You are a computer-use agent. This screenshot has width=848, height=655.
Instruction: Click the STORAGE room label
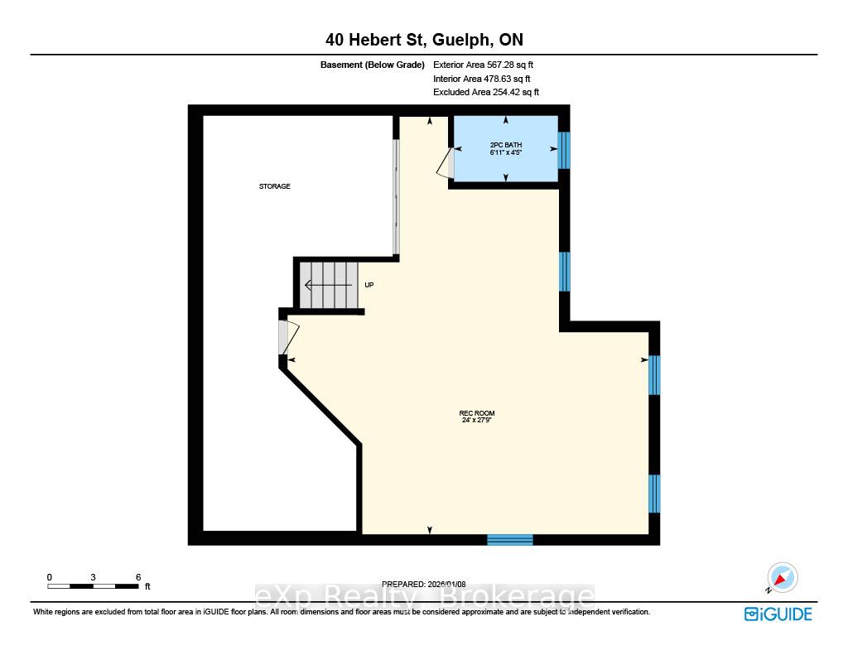pos(275,186)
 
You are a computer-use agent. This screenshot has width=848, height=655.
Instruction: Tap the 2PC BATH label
pos(506,145)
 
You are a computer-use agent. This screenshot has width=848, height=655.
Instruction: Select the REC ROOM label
pos(477,413)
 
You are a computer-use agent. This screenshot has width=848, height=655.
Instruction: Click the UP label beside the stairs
pos(369,285)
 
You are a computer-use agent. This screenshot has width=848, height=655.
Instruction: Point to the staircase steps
pos(329,285)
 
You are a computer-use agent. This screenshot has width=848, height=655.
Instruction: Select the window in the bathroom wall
pos(564,151)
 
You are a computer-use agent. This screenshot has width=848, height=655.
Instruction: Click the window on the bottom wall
pos(510,539)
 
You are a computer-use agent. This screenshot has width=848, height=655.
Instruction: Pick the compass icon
pos(782,578)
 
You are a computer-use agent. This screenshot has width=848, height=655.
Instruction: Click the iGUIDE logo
pos(778,614)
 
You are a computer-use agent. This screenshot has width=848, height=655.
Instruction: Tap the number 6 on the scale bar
pos(138,577)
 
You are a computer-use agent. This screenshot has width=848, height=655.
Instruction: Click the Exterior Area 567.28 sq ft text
pos(483,65)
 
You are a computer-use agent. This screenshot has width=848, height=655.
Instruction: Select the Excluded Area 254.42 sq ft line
pos(485,92)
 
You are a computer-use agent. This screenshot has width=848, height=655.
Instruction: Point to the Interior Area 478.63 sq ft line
pos(481,79)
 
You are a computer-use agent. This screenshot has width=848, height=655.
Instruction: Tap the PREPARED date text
pos(423,584)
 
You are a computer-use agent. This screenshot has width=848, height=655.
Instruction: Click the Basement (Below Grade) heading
pos(372,65)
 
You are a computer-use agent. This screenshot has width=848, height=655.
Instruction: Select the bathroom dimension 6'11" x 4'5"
pos(506,152)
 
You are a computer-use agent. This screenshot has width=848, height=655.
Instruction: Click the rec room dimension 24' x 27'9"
pos(477,420)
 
